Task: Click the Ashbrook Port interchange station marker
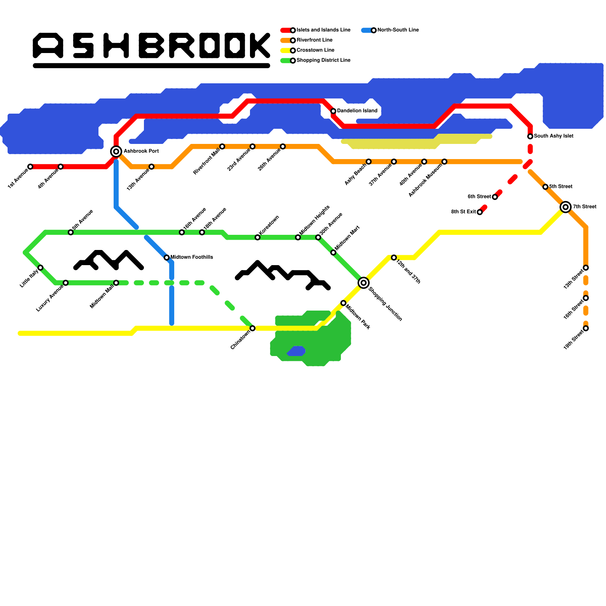(x=116, y=151)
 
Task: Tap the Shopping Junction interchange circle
(x=364, y=283)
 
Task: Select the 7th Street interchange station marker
(x=566, y=207)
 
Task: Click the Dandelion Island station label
(x=357, y=111)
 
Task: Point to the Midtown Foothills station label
(x=192, y=258)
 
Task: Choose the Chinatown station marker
(x=253, y=328)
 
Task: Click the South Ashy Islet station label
(x=553, y=136)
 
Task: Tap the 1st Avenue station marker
(x=30, y=167)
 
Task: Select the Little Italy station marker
(x=41, y=268)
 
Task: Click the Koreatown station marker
(x=258, y=237)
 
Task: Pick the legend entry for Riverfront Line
(x=314, y=40)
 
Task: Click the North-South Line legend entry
(x=398, y=30)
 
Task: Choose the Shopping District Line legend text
(x=323, y=60)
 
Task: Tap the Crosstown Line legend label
(x=315, y=50)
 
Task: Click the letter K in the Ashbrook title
(x=260, y=45)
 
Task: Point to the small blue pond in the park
(x=297, y=351)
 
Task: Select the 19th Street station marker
(x=586, y=328)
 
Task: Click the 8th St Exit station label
(x=463, y=212)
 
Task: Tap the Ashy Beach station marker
(x=369, y=162)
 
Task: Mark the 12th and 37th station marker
(x=394, y=258)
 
